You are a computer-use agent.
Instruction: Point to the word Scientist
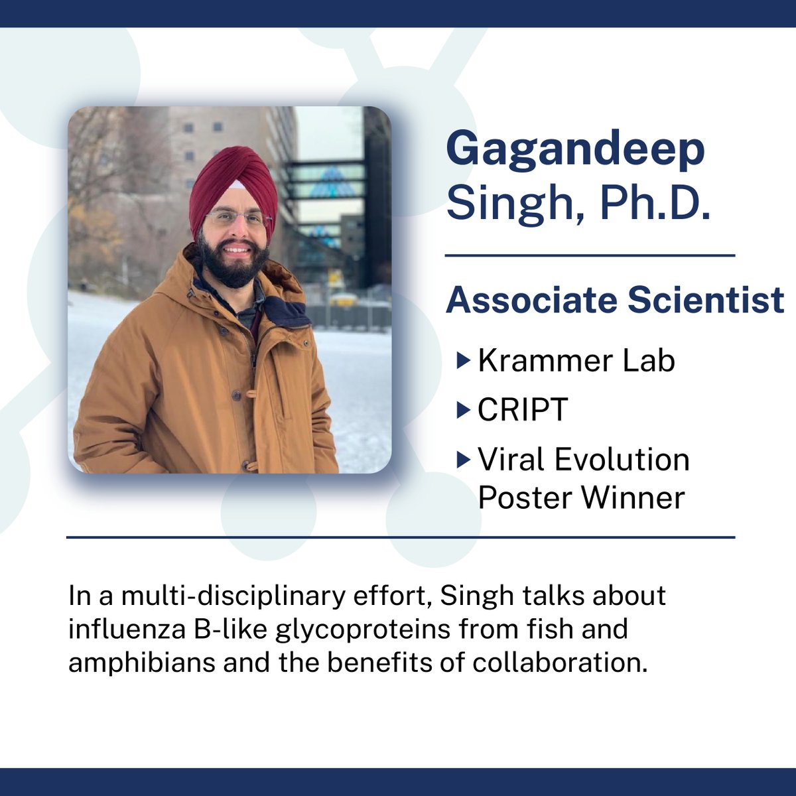706,300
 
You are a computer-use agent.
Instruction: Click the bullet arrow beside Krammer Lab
463,361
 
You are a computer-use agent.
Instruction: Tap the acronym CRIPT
523,410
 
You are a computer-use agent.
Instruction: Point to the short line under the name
590,255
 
